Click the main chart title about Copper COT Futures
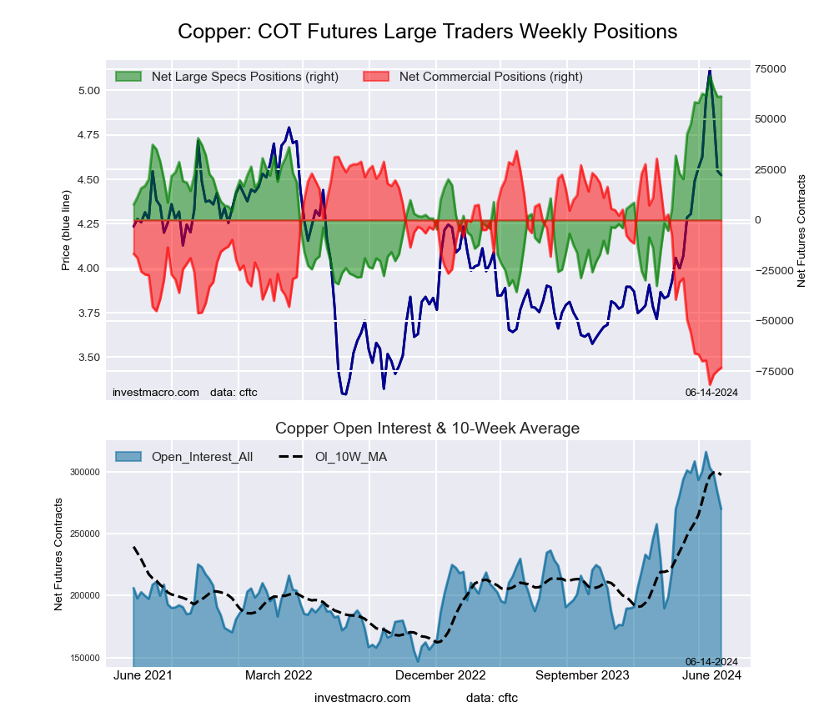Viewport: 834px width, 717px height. click(x=427, y=32)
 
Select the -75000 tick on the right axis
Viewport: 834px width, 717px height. click(x=773, y=371)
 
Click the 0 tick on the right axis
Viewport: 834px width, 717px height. click(x=758, y=220)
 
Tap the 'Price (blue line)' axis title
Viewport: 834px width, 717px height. click(x=66, y=231)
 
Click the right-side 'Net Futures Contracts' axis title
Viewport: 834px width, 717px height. click(x=801, y=231)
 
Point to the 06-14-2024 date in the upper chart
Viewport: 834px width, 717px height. click(x=711, y=392)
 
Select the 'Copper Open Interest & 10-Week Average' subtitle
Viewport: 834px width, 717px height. click(x=427, y=429)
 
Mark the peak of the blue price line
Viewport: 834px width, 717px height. click(x=710, y=70)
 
